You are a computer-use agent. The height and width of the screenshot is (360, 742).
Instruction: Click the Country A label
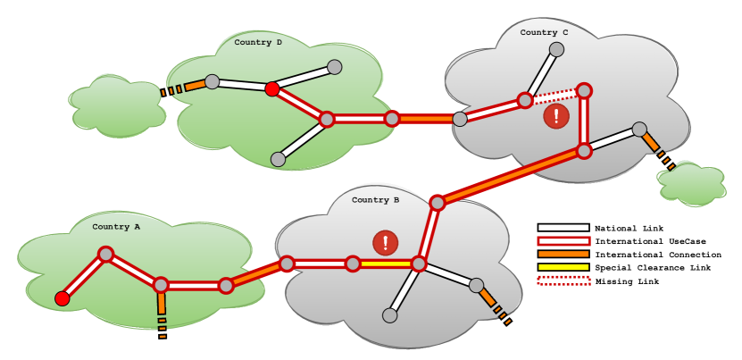116,227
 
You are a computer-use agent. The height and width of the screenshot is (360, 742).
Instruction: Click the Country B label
375,200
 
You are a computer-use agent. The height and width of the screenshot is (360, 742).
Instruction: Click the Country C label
544,33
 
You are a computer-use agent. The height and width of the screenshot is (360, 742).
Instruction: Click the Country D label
258,42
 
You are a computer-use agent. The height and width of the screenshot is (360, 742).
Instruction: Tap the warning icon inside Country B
386,242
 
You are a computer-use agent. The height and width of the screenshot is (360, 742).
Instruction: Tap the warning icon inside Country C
556,115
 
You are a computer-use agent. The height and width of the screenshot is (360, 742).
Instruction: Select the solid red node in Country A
63,298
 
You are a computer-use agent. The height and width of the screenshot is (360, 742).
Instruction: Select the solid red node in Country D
272,88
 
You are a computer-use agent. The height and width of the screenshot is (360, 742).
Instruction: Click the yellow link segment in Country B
386,264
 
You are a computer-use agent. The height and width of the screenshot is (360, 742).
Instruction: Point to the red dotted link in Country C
554,95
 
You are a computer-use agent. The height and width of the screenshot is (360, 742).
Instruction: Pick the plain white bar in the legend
563,228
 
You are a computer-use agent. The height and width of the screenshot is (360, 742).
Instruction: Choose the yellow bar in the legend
563,267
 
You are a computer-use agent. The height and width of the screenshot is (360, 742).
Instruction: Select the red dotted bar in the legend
563,280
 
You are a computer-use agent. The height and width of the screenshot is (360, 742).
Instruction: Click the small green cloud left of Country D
117,107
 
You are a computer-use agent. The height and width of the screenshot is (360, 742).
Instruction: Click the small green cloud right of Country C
692,183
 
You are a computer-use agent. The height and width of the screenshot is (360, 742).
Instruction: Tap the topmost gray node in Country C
556,49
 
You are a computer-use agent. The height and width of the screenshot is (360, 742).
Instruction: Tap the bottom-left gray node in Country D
278,159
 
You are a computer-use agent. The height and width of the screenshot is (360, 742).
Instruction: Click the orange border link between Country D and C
425,119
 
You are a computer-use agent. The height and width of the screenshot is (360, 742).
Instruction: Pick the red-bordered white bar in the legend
563,240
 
